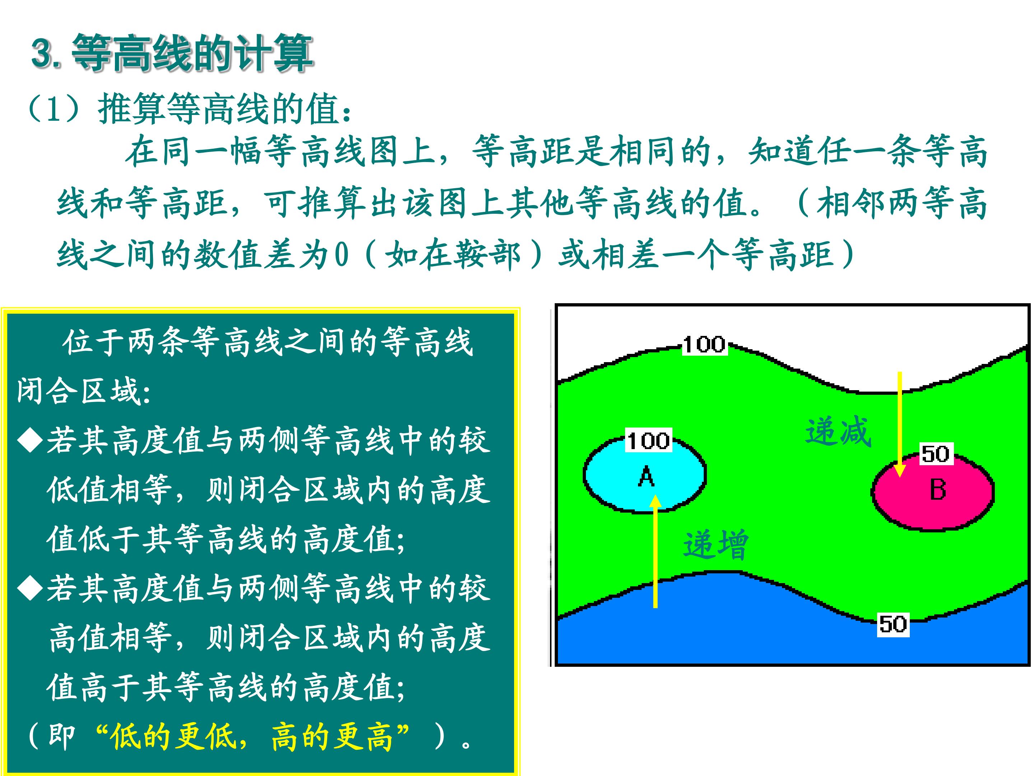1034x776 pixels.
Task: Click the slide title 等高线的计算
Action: [192, 53]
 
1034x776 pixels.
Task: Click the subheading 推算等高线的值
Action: [218, 109]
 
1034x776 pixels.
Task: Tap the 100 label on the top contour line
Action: [704, 345]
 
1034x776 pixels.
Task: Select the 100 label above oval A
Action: [648, 440]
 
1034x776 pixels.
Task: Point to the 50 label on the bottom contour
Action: [893, 624]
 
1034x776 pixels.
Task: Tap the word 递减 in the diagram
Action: [838, 431]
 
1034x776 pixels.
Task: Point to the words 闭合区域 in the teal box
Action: [79, 391]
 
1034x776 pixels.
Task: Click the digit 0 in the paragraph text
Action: [342, 255]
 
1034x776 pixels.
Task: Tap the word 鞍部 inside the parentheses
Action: [486, 255]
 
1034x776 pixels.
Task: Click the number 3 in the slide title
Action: [42, 53]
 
